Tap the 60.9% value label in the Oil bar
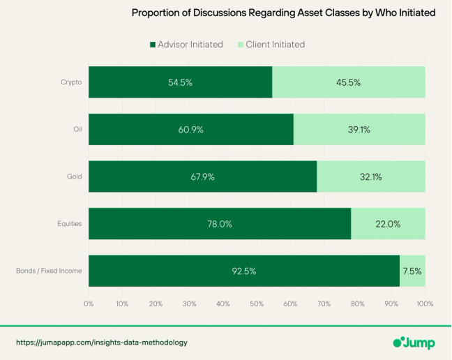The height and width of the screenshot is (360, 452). (190, 129)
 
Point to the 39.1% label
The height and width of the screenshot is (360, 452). (359, 129)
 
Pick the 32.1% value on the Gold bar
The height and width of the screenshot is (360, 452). (370, 177)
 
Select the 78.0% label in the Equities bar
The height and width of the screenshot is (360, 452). (220, 224)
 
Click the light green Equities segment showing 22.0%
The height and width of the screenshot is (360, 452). (388, 224)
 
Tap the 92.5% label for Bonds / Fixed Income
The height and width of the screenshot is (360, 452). (244, 271)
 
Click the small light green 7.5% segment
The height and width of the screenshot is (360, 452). (412, 271)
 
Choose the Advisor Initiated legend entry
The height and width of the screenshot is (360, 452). (186, 45)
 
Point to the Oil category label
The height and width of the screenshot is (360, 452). (77, 129)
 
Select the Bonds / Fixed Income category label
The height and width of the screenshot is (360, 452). (49, 271)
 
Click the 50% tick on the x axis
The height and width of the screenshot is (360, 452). (257, 304)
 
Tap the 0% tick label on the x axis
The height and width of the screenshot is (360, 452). (89, 304)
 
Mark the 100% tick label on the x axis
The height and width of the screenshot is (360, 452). (425, 304)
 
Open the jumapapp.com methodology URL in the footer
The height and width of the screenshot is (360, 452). (102, 343)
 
